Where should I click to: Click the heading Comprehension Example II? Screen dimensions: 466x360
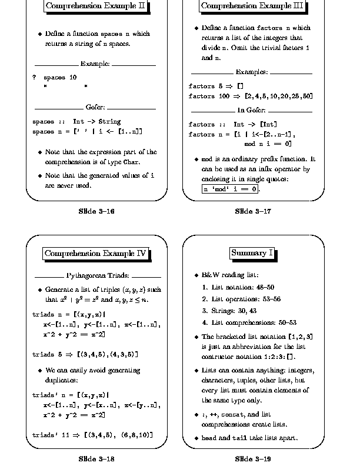coord(96,6)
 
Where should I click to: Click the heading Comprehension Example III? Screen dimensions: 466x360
coord(252,6)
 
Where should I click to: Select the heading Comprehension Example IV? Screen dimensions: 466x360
coord(96,254)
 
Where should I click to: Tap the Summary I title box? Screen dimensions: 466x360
coord(252,253)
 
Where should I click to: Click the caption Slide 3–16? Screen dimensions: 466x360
coord(96,211)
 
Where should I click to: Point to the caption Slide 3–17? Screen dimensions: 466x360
coord(252,211)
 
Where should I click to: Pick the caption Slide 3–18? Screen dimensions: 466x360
coord(96,458)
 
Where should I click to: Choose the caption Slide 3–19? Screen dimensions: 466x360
coord(252,458)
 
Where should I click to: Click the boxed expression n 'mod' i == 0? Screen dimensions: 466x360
coord(231,189)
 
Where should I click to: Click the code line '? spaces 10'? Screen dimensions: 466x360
coord(55,77)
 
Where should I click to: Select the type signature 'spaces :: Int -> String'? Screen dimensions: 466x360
coord(76,122)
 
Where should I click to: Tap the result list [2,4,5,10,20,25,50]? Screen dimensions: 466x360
coord(279,96)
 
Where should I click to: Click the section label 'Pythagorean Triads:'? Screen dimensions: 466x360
coord(98,275)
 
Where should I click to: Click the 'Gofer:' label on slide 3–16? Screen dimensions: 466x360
coord(95,107)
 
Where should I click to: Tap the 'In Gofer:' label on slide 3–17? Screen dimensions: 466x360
coord(252,110)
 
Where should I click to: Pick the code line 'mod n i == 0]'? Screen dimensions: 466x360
coord(268,144)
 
